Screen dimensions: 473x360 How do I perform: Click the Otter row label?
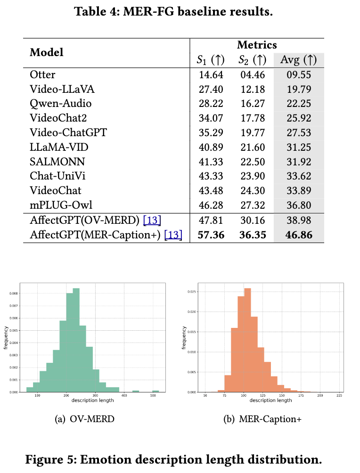coord(42,74)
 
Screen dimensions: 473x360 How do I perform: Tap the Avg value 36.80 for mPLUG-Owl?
coord(296,205)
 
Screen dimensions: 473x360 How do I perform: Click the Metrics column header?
coord(257,45)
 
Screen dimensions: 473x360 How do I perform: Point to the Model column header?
coord(46,52)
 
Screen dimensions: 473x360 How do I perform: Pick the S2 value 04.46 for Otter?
coord(253,74)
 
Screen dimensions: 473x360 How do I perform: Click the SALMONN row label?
coord(51,162)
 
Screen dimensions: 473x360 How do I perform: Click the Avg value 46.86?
coord(296,235)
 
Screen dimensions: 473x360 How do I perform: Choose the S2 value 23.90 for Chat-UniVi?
coord(253,176)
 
